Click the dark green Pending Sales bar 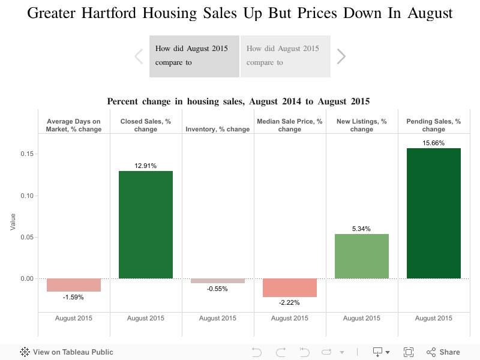tap(433, 213)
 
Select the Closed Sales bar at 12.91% tap(146, 224)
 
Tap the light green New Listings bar tap(362, 256)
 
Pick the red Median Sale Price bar tap(290, 287)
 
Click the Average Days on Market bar tap(74, 285)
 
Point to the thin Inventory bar tap(218, 281)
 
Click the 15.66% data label tap(433, 143)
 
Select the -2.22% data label tap(290, 302)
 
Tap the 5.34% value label tap(362, 229)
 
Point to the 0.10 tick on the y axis tap(26, 196)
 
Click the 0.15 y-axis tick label tap(26, 154)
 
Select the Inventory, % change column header tap(218, 129)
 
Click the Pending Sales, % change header tap(433, 125)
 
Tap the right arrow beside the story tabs tap(341, 56)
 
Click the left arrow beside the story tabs tap(139, 56)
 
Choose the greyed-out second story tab tap(285, 56)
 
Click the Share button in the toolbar tap(443, 352)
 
